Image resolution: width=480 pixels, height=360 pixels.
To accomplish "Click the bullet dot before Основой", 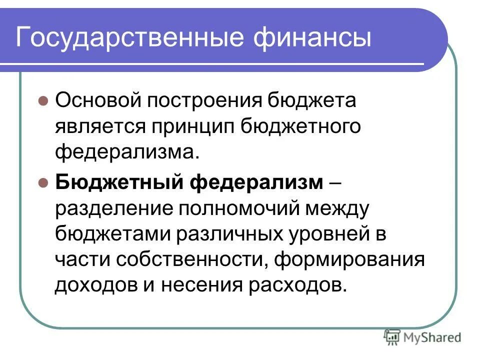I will (43, 101).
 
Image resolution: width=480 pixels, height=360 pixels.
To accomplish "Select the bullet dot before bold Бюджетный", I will (43, 182).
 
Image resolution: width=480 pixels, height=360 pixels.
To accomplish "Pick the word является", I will (96, 126).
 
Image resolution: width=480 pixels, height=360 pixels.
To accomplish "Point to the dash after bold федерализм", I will (336, 183).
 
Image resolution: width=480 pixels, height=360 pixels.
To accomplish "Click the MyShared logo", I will (422, 337).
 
